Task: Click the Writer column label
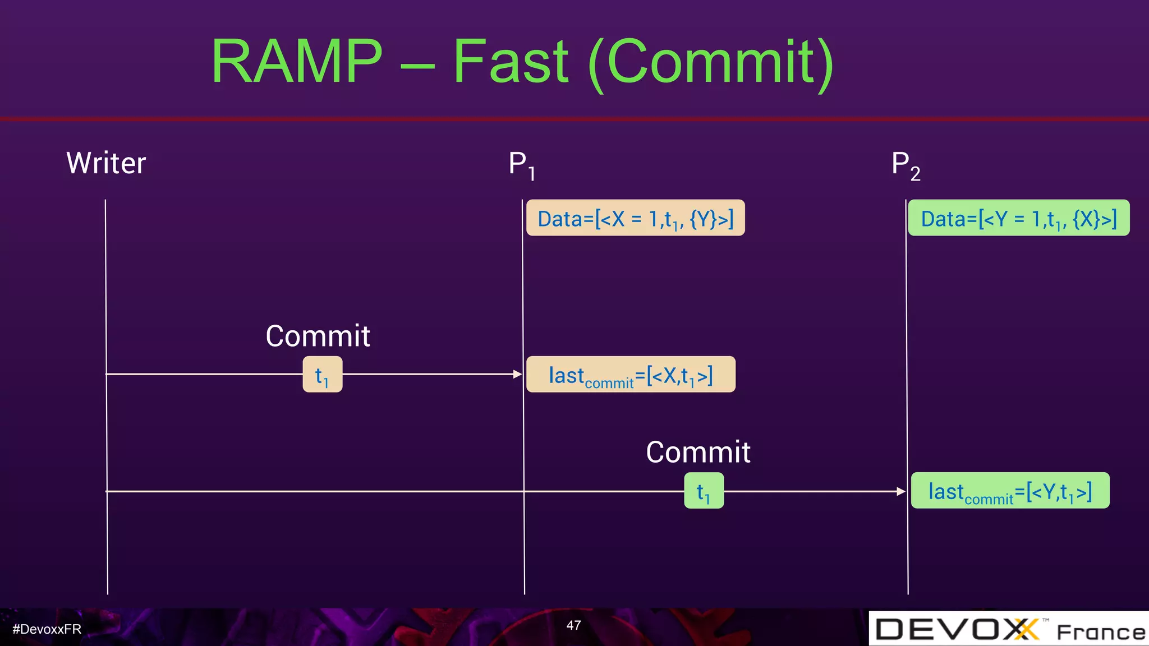click(x=106, y=163)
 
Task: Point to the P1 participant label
click(x=522, y=165)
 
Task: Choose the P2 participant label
click(x=906, y=165)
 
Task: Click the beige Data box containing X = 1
click(x=635, y=218)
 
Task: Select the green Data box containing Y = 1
click(x=1018, y=218)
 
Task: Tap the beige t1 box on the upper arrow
click(x=323, y=375)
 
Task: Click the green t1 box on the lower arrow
click(x=704, y=491)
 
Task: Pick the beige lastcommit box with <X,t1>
click(x=631, y=375)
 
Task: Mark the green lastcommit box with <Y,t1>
click(x=1010, y=491)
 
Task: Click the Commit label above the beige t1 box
click(x=318, y=336)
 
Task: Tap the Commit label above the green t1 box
click(x=698, y=452)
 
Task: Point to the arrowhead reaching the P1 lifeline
click(x=517, y=374)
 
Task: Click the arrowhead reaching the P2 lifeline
click(x=901, y=491)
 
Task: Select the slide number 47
click(x=573, y=625)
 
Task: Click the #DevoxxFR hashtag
click(x=47, y=629)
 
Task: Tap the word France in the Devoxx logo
click(x=1101, y=633)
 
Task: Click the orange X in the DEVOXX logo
click(x=1026, y=629)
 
